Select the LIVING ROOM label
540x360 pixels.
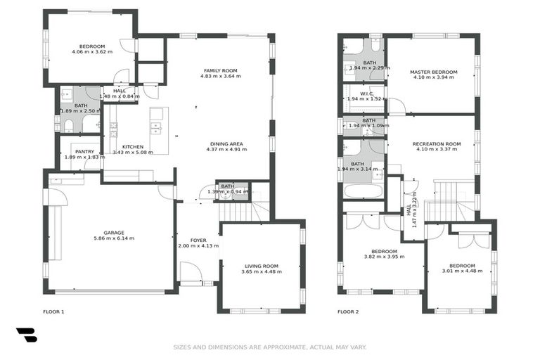click(261, 266)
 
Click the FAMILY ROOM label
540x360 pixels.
click(220, 70)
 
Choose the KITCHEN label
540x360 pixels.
click(132, 147)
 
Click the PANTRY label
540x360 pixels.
click(84, 151)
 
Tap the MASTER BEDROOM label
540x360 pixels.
click(433, 72)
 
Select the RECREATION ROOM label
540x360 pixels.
click(437, 143)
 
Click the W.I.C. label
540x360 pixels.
click(366, 94)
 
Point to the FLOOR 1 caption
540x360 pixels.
click(53, 311)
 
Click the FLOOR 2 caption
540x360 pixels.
click(348, 311)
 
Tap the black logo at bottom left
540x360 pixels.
click(27, 335)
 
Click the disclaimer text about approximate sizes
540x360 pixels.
click(270, 347)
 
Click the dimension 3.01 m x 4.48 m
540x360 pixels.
click(462, 271)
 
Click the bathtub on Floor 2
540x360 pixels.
click(363, 191)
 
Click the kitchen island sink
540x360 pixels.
click(157, 128)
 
